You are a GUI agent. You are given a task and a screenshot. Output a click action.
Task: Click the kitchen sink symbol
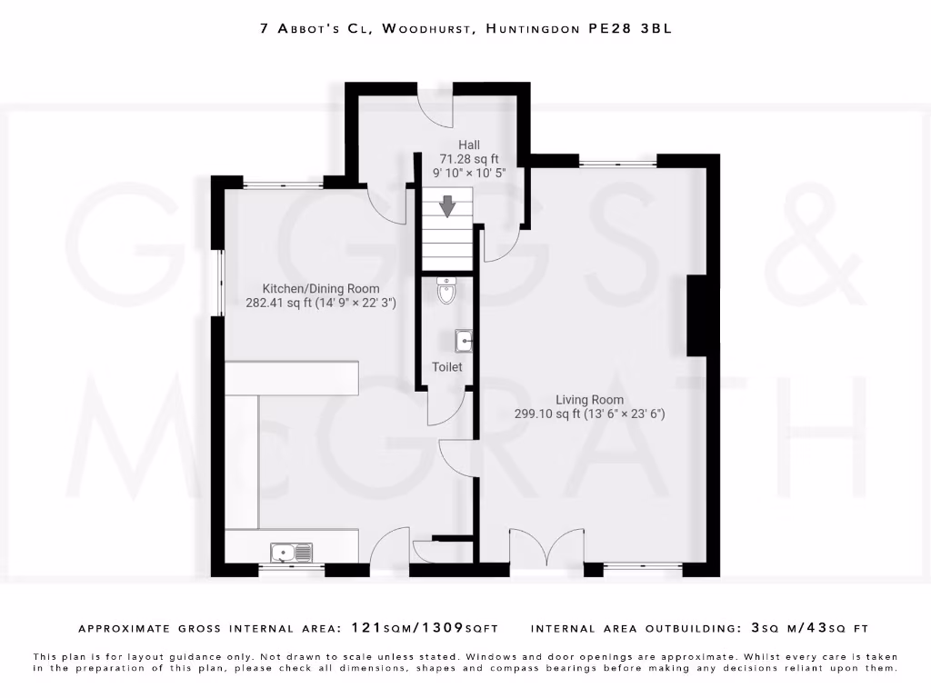tap(291, 552)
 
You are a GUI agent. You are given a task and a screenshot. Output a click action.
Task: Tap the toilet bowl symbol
tap(445, 291)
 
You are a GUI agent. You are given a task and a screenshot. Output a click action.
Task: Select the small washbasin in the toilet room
tap(464, 341)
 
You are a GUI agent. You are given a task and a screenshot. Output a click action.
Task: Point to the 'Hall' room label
tap(469, 145)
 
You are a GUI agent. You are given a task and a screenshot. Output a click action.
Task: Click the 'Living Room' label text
tap(590, 400)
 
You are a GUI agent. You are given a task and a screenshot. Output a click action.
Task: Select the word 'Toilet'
tap(447, 367)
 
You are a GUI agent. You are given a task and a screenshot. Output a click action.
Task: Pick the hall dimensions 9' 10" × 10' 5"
tap(469, 172)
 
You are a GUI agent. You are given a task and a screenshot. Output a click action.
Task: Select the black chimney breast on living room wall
tap(696, 315)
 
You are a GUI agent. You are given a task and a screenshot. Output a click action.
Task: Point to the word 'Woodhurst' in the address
tap(426, 29)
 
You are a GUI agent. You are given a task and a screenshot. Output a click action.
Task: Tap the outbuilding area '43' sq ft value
tap(829, 628)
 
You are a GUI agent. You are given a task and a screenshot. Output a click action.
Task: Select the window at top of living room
tap(617, 163)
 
